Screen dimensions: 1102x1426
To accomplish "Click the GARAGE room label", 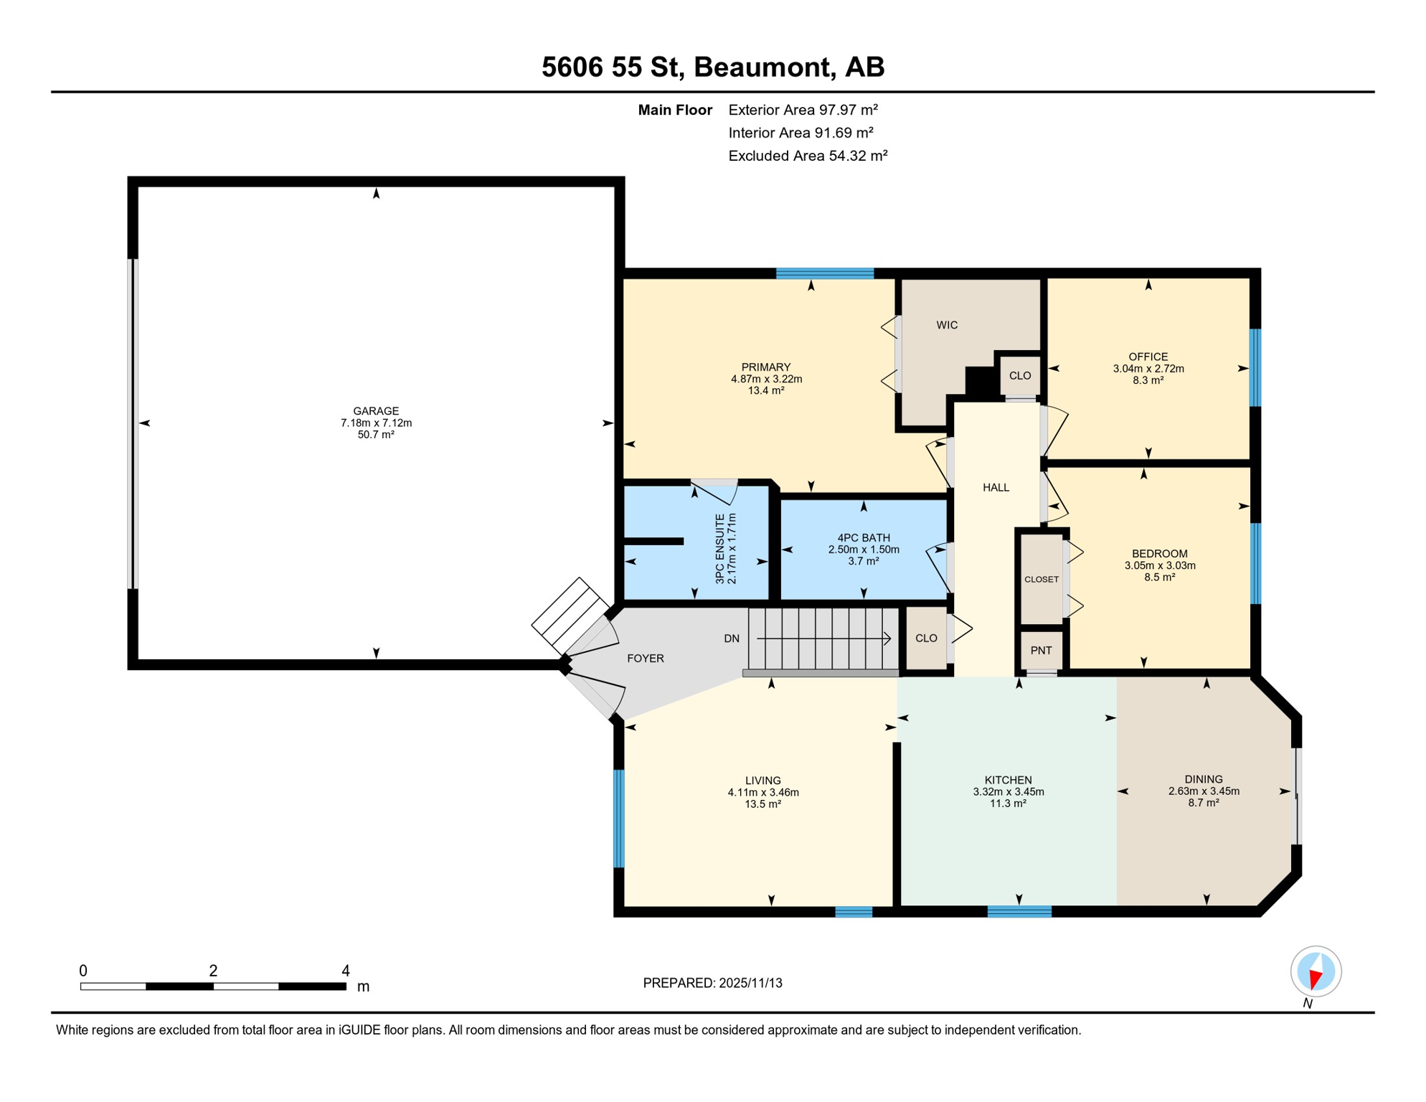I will click(x=376, y=411).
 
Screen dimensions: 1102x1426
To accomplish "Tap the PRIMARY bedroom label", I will click(x=766, y=367).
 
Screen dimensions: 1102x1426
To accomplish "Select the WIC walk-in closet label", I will click(x=947, y=325).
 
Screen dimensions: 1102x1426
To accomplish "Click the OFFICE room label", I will click(x=1148, y=357).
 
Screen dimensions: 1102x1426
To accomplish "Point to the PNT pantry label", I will click(x=1041, y=651).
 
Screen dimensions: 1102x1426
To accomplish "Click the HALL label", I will click(x=996, y=488).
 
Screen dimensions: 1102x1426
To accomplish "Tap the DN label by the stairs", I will click(x=732, y=639).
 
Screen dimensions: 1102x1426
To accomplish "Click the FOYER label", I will click(x=646, y=659).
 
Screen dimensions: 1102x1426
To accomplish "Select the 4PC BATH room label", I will click(x=864, y=538).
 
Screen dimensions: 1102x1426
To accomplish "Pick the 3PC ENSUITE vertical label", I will click(x=720, y=548).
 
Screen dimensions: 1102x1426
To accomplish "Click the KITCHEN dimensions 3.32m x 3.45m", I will click(x=1008, y=792).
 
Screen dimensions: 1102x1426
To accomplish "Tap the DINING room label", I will click(x=1204, y=779).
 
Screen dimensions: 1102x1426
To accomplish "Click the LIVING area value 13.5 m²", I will click(x=762, y=804).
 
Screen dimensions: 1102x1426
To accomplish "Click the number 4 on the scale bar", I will click(x=346, y=971).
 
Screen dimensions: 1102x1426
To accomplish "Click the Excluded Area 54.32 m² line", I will click(x=808, y=156).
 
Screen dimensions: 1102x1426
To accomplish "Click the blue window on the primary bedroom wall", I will click(x=825, y=273).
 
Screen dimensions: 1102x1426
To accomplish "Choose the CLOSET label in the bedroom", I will click(x=1042, y=580).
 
